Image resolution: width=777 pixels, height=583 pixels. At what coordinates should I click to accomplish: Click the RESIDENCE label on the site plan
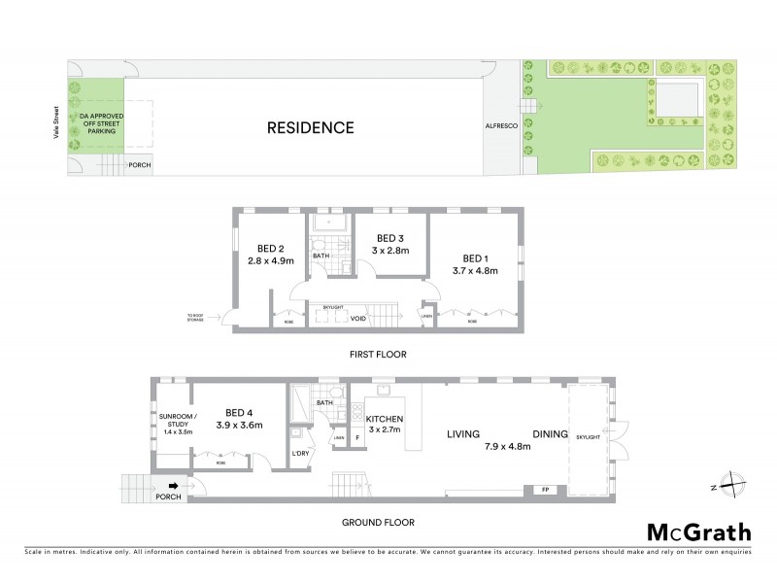point(311,127)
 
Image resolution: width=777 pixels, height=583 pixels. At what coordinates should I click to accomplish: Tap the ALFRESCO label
point(501,125)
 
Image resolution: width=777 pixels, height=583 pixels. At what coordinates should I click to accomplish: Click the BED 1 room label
point(474,257)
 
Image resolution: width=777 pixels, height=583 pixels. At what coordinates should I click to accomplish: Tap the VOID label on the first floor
point(358,317)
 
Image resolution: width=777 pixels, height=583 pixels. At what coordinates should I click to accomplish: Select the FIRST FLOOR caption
point(378,355)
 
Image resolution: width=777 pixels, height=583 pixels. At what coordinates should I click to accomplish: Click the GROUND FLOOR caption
point(378,522)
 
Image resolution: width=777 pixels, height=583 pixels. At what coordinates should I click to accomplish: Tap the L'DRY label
point(300,454)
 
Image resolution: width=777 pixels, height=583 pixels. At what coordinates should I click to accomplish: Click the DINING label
point(549,434)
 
